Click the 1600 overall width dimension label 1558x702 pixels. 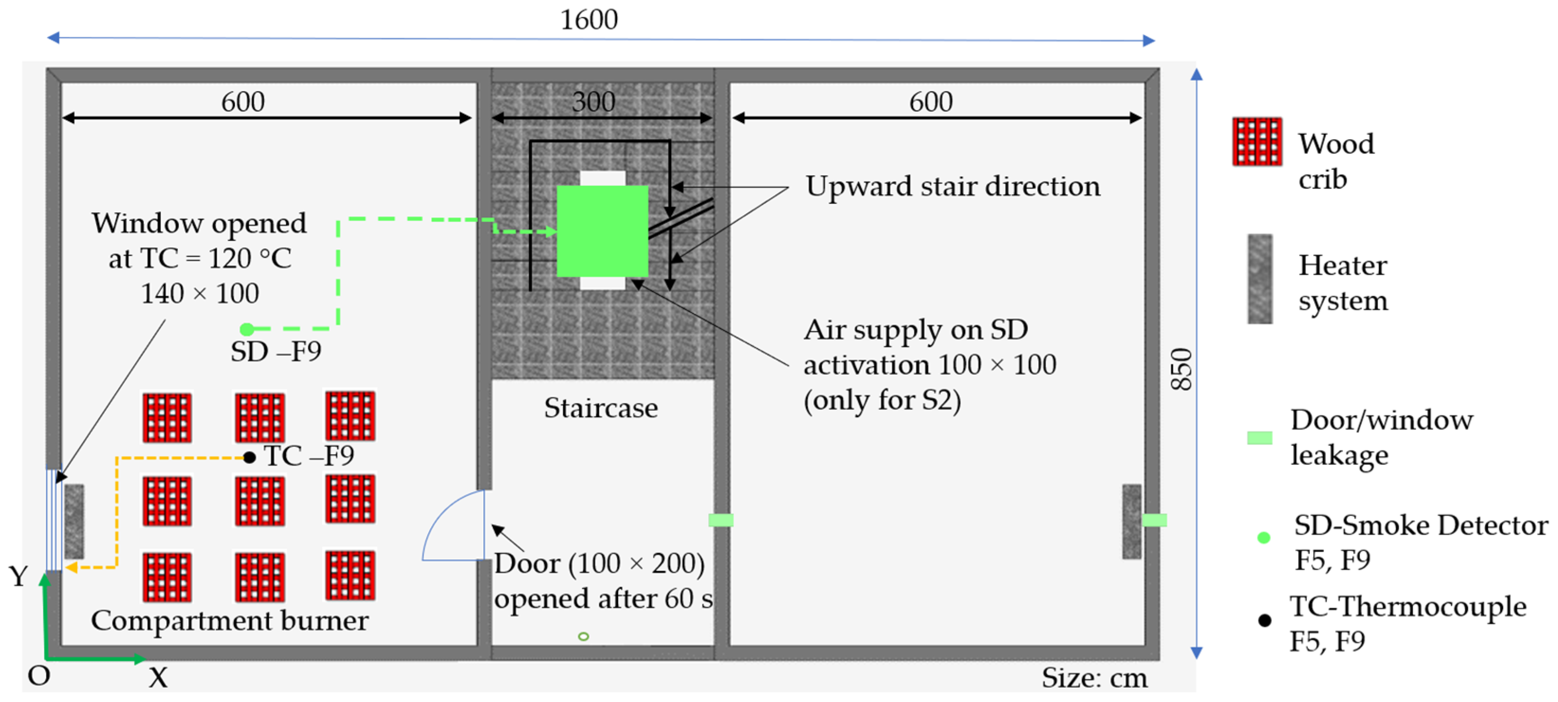point(589,20)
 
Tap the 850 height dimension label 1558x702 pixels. point(1181,369)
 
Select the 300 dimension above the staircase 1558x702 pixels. point(593,101)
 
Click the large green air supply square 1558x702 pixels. point(602,231)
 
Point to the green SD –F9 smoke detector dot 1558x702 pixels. point(246,329)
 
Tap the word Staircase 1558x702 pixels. point(600,408)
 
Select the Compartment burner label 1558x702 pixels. point(230,620)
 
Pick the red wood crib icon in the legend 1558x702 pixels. point(1257,141)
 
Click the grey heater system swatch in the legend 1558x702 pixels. point(1260,279)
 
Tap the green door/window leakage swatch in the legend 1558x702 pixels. point(1260,438)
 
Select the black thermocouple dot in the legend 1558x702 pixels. point(1264,620)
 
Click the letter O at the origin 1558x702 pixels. point(39,675)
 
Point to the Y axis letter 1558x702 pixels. point(18,576)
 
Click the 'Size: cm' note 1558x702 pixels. point(1094,678)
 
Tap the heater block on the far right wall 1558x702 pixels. point(1132,521)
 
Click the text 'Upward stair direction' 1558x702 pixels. point(952,186)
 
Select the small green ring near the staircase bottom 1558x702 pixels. point(583,636)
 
